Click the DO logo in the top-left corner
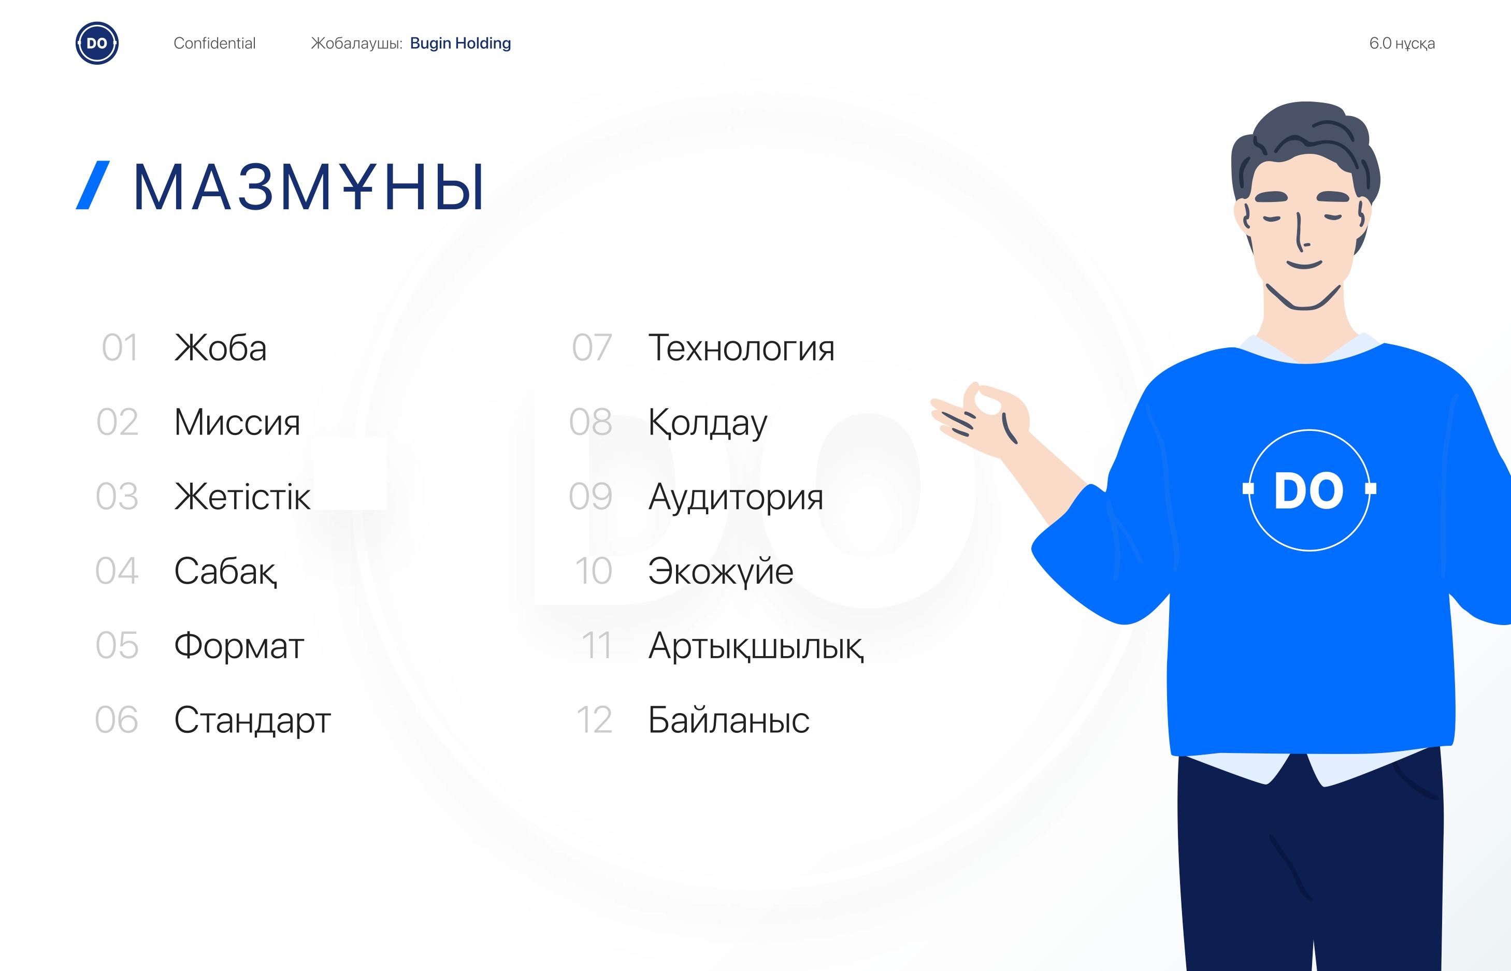[97, 43]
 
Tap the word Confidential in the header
[214, 43]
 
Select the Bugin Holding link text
[461, 43]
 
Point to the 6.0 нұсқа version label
[1402, 43]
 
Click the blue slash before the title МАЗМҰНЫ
[93, 185]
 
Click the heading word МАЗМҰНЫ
[308, 186]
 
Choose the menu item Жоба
[220, 347]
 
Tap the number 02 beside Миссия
[117, 422]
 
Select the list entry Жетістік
[242, 496]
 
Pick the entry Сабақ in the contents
[225, 572]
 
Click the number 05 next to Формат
[117, 645]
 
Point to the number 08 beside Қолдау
[591, 422]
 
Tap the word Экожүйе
[721, 572]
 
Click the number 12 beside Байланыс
[594, 719]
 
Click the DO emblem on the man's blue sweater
[1309, 490]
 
